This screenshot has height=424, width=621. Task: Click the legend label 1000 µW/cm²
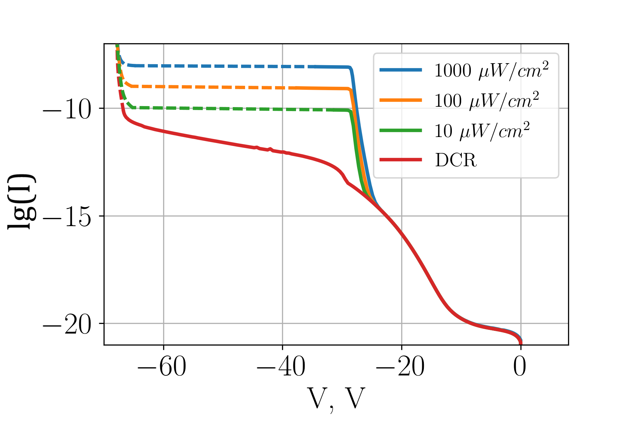491,70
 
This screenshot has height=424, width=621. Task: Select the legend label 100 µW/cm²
486,100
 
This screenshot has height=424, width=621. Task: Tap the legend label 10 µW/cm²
482,130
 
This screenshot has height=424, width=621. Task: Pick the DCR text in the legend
456,160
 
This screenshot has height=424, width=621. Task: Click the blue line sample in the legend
401,70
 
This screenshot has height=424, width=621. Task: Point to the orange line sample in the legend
401,100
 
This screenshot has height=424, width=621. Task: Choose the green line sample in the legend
401,130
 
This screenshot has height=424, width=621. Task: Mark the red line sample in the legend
401,160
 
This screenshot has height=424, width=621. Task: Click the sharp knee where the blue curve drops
350,68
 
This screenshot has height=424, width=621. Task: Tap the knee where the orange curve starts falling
350,89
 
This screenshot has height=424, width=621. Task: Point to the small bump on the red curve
270,149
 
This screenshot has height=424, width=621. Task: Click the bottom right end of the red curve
520,343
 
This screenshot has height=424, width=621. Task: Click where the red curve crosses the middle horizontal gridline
386,216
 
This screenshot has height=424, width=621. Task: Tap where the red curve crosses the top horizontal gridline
122,108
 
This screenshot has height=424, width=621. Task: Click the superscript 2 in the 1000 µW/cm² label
545,65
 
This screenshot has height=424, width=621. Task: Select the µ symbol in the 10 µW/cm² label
464,132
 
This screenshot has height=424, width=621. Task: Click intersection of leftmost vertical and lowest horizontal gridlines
163,323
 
